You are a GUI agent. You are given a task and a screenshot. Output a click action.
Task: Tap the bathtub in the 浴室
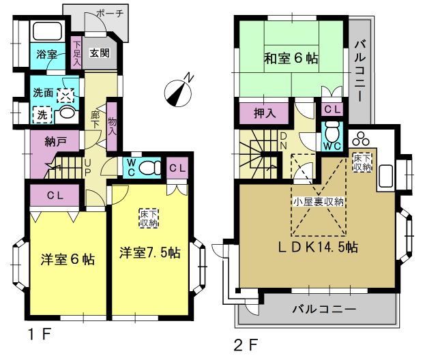[47, 31]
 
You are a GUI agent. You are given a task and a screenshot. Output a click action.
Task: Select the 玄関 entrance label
[100, 52]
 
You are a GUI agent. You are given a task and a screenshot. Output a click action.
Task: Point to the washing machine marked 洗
[42, 115]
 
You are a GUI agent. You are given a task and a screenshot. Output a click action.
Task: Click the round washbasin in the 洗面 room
[67, 112]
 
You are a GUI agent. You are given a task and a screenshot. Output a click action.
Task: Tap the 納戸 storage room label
[55, 141]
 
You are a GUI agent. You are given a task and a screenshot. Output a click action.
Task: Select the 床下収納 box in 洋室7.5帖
[149, 218]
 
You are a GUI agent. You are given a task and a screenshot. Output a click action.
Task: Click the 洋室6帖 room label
[68, 259]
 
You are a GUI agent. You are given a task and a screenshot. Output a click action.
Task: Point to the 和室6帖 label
[291, 58]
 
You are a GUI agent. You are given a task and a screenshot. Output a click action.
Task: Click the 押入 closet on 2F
[265, 113]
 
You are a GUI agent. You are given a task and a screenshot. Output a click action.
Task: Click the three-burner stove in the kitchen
[361, 138]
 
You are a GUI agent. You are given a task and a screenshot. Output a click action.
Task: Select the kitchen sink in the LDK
[385, 176]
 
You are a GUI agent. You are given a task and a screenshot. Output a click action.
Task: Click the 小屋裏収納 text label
[319, 202]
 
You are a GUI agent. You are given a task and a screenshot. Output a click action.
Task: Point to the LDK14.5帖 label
[319, 247]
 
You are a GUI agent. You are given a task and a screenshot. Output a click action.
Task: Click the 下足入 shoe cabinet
[76, 52]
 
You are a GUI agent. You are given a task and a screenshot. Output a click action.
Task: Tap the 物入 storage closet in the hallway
[112, 126]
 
